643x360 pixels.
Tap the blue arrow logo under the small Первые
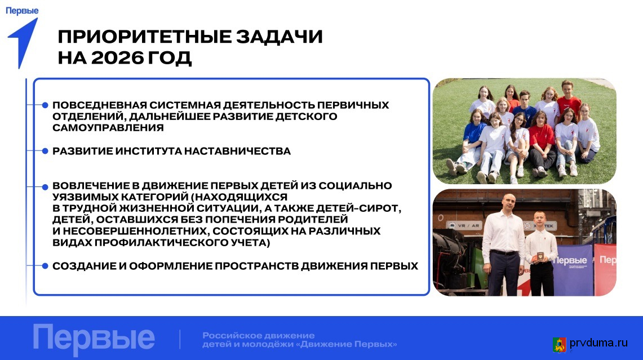pyautogui.click(x=23, y=43)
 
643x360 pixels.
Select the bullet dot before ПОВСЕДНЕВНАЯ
pyautogui.click(x=45, y=105)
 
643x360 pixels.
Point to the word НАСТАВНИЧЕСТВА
pyautogui.click(x=237, y=152)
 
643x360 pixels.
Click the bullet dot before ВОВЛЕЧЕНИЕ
pyautogui.click(x=45, y=187)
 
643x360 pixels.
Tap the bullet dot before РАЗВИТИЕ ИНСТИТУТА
pyautogui.click(x=45, y=151)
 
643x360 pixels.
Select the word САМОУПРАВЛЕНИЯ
pyautogui.click(x=108, y=128)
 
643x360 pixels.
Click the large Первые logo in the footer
pyautogui.click(x=94, y=339)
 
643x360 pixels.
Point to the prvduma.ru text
pyautogui.click(x=598, y=343)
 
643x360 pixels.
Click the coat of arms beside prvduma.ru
pyautogui.click(x=560, y=344)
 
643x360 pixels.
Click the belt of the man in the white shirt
pyautogui.click(x=504, y=252)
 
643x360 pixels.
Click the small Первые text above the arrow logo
pyautogui.click(x=22, y=11)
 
